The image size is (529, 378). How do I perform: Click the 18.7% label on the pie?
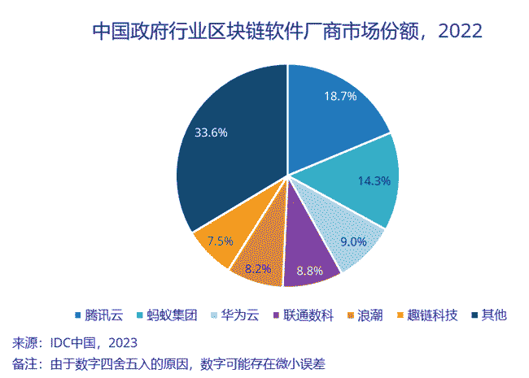click(x=341, y=96)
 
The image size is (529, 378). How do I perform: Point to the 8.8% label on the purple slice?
click(x=309, y=270)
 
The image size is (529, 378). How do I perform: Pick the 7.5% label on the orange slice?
click(x=221, y=241)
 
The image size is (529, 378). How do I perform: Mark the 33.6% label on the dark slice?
click(x=211, y=133)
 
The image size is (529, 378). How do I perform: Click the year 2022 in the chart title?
click(x=461, y=31)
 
